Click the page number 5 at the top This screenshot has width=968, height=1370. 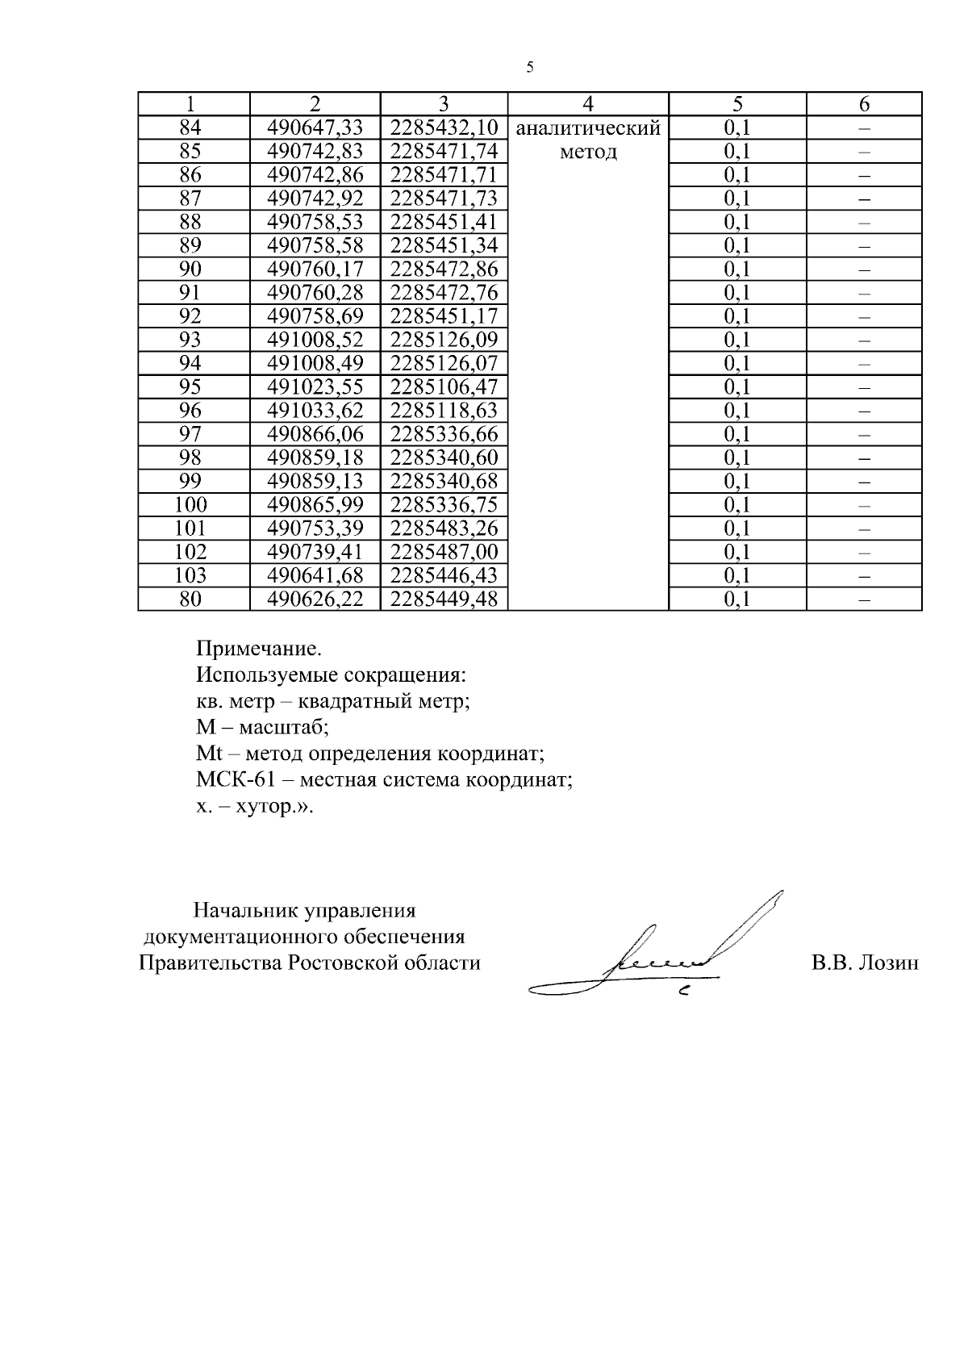tap(530, 68)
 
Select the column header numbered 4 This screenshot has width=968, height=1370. tap(588, 104)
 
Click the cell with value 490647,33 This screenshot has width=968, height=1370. tap(315, 127)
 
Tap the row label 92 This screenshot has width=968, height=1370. tap(190, 315)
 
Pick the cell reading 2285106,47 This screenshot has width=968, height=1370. tap(444, 386)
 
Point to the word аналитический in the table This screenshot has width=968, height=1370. tap(588, 128)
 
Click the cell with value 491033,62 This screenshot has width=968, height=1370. tap(315, 410)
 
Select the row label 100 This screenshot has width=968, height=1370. tap(190, 505)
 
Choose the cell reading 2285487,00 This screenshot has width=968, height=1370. tap(444, 552)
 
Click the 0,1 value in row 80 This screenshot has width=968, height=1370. tap(736, 599)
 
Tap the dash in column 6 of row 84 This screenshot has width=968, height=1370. tap(864, 128)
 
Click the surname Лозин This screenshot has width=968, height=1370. tap(889, 963)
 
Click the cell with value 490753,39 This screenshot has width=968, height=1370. tap(315, 528)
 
